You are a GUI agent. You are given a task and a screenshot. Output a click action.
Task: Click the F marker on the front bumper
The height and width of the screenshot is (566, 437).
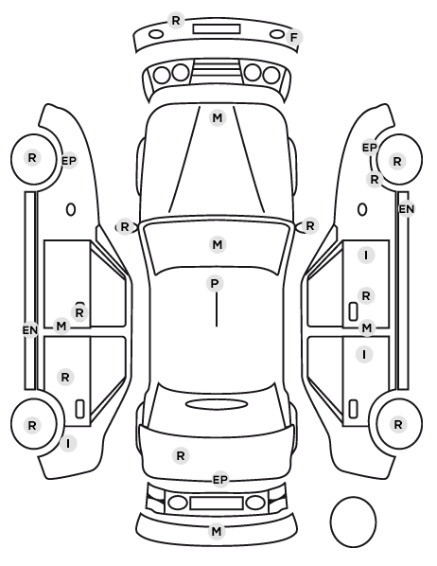[294, 37]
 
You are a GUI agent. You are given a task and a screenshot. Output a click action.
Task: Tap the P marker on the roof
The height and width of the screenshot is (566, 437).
[215, 284]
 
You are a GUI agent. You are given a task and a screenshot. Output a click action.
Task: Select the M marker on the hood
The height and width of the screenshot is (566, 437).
[218, 118]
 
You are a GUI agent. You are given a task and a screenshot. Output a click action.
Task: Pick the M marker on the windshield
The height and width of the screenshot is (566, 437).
[218, 245]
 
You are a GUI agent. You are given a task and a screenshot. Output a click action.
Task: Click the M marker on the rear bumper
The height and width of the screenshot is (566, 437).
[217, 531]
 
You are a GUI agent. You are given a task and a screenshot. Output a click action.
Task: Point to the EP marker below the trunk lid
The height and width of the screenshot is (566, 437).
[220, 480]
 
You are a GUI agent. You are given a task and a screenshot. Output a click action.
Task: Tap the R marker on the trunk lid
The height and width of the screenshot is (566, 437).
[181, 456]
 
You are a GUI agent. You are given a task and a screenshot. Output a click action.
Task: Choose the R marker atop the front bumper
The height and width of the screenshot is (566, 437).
[176, 21]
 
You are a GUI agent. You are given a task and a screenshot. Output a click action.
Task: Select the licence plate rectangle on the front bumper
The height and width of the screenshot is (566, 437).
[217, 29]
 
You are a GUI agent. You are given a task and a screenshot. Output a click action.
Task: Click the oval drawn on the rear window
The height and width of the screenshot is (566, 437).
[217, 404]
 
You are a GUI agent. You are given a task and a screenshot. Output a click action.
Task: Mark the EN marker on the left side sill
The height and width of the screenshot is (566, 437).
[30, 330]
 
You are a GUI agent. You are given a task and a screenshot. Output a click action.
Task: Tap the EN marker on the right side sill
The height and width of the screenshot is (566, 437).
[407, 209]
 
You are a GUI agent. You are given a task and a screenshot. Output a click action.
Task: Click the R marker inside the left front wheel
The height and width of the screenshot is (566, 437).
[32, 158]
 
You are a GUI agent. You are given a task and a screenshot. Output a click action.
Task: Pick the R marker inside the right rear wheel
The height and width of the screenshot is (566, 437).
[397, 425]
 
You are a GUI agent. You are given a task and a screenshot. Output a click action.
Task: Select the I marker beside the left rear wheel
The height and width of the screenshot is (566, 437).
[68, 443]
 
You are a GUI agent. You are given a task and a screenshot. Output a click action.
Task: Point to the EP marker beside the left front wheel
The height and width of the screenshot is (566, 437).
[69, 161]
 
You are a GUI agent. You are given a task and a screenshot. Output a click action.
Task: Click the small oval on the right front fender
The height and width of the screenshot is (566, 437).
[362, 209]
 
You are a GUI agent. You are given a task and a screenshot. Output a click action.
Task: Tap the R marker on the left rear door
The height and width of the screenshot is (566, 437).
[65, 378]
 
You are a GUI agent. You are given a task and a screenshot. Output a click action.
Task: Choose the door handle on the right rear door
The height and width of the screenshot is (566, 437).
[353, 409]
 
